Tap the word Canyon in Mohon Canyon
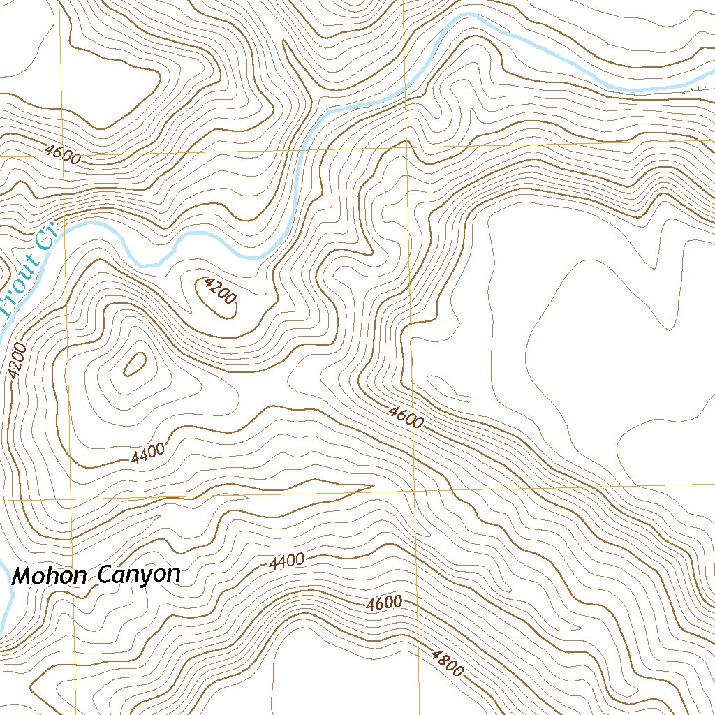[x=138, y=575]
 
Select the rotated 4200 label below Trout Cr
[x=18, y=361]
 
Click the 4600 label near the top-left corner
[x=61, y=154]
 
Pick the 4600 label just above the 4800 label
[x=384, y=603]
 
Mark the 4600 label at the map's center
[x=406, y=417]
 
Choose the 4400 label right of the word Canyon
[x=286, y=560]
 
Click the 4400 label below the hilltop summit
[x=148, y=453]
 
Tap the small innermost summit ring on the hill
[x=134, y=364]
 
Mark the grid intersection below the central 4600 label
[x=414, y=491]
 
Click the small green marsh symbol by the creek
[x=693, y=89]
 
